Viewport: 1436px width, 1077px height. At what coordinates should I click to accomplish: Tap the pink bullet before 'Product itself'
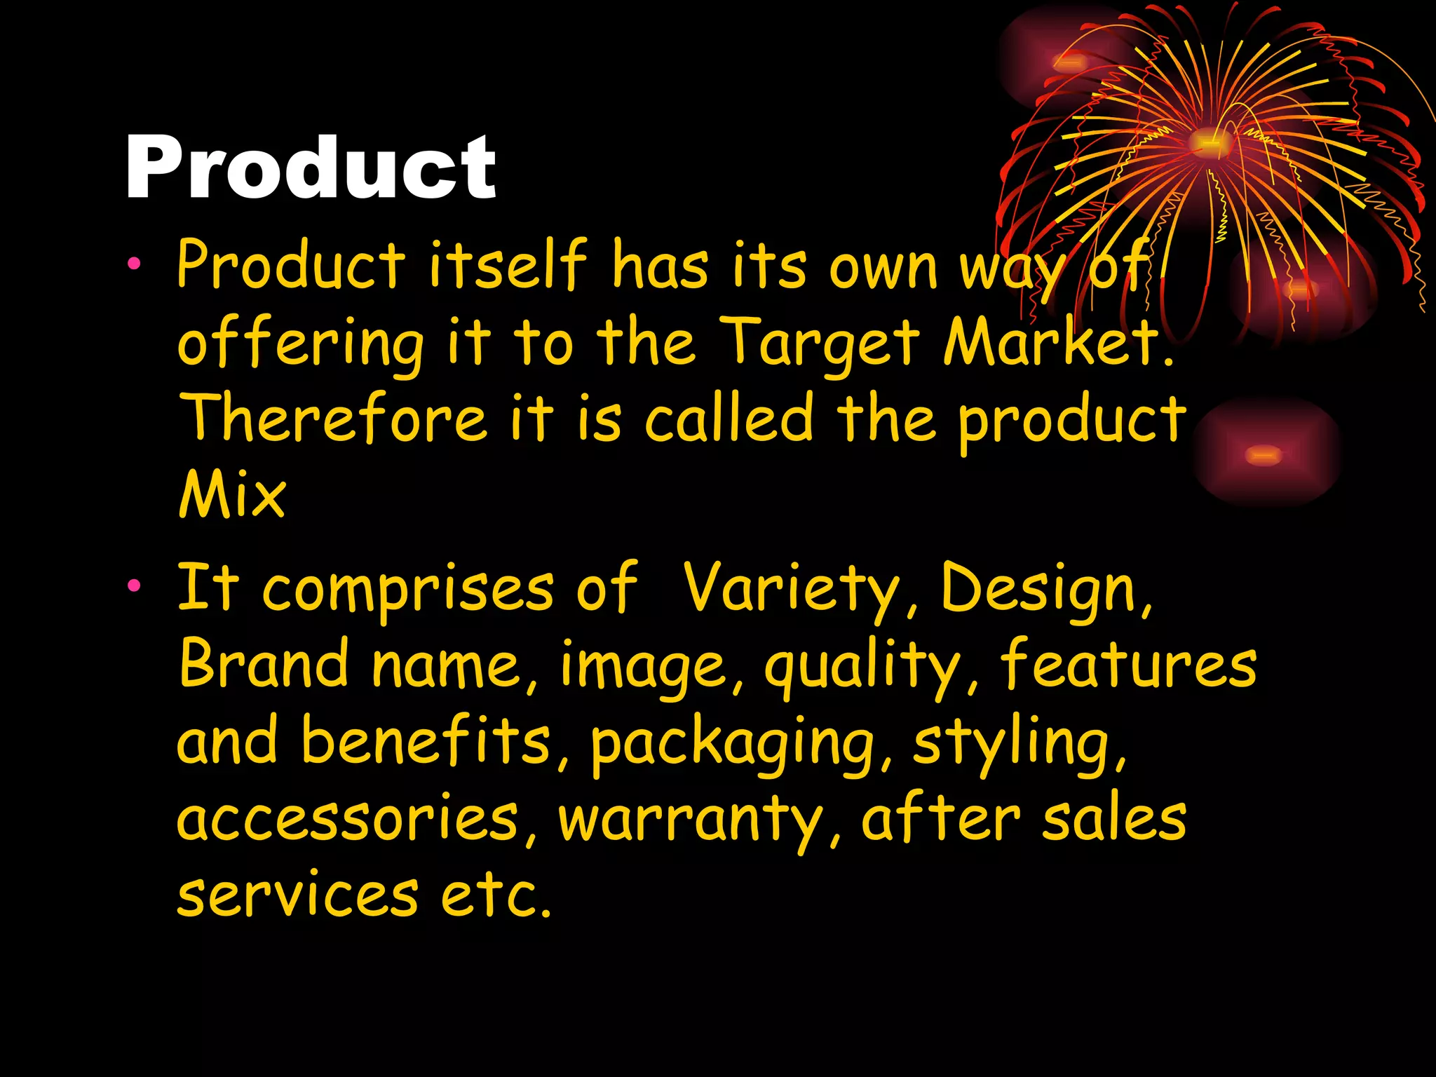pos(134,264)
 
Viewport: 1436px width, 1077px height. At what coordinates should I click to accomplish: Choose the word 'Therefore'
pos(332,419)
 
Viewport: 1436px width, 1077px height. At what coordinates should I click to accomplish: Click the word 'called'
pos(729,419)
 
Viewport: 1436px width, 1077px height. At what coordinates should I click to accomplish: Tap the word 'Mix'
pos(232,495)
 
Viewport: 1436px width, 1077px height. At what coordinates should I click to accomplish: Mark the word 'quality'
pos(862,666)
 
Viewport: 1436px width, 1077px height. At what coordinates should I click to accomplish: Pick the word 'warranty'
pos(691,820)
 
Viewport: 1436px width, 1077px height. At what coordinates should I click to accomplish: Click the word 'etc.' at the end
pos(496,895)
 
